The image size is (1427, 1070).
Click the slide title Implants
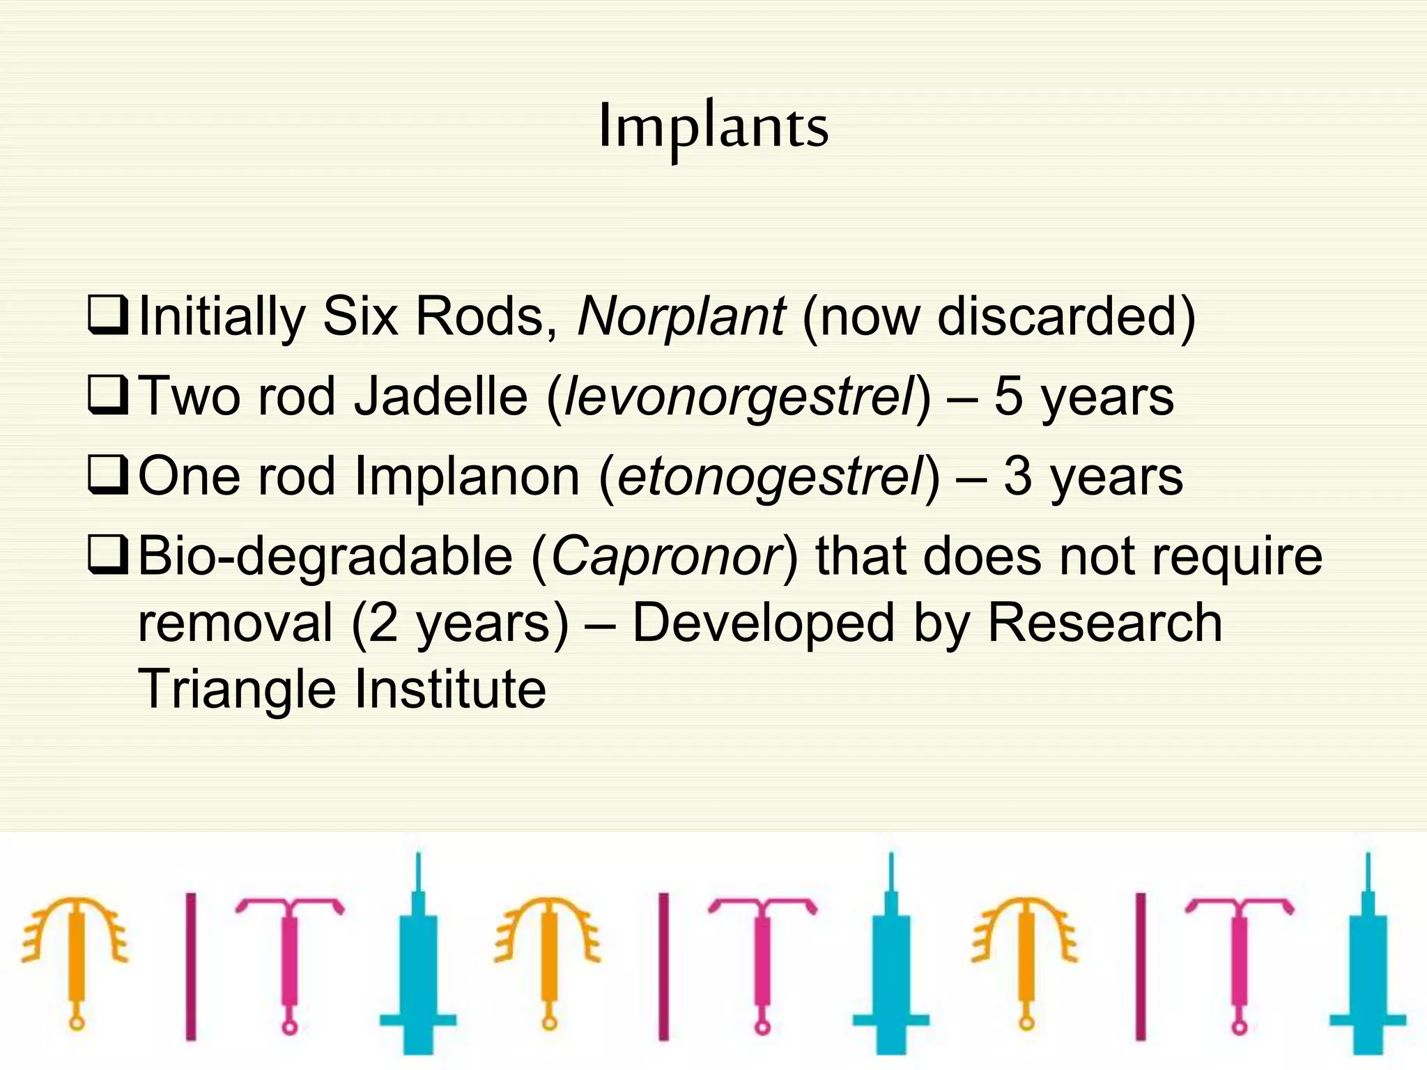pyautogui.click(x=713, y=127)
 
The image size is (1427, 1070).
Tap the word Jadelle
pyautogui.click(x=440, y=396)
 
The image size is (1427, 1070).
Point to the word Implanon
pyautogui.click(x=467, y=477)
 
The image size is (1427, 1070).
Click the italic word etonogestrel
pyautogui.click(x=770, y=477)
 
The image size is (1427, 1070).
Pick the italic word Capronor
pyautogui.click(x=665, y=557)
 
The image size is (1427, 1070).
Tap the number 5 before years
pyautogui.click(x=1008, y=396)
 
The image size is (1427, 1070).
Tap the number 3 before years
pyautogui.click(x=1017, y=477)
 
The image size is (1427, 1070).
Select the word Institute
pyautogui.click(x=450, y=688)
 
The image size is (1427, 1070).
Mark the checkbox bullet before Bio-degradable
pyautogui.click(x=108, y=555)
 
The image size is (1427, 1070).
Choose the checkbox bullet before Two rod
pyautogui.click(x=108, y=395)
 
